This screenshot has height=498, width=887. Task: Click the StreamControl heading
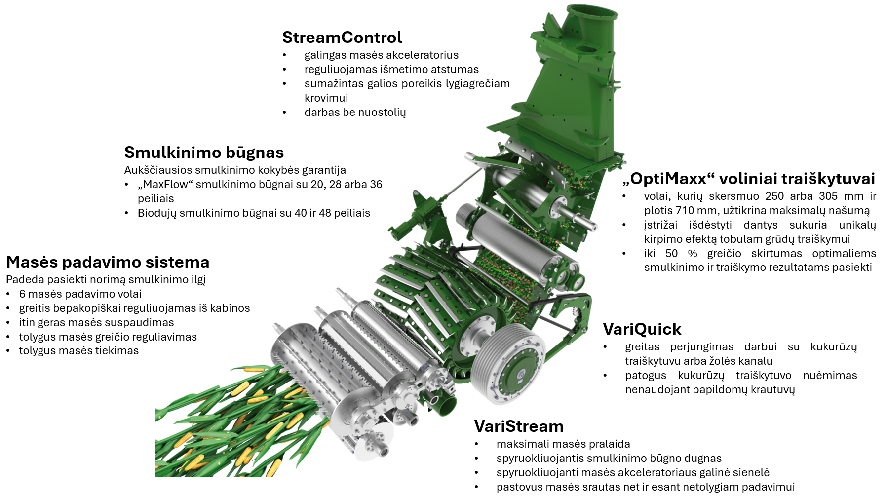pos(342,38)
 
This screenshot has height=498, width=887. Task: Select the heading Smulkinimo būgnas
pos(204,153)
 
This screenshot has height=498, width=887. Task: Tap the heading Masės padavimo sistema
pos(108,262)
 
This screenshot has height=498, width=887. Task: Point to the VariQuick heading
pos(642,329)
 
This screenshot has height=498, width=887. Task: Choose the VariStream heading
pos(519,426)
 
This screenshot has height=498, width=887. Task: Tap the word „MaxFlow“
pos(165,185)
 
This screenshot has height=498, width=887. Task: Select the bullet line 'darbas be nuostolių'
pos(355,113)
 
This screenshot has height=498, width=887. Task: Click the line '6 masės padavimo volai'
pos(80,294)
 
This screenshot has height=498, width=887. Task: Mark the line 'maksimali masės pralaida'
pos(563,444)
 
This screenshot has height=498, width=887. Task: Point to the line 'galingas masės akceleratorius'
pos(382,55)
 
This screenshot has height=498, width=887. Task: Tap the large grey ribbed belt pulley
pos(507,364)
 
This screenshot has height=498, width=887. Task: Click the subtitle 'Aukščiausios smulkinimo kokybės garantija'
pos(235,170)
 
